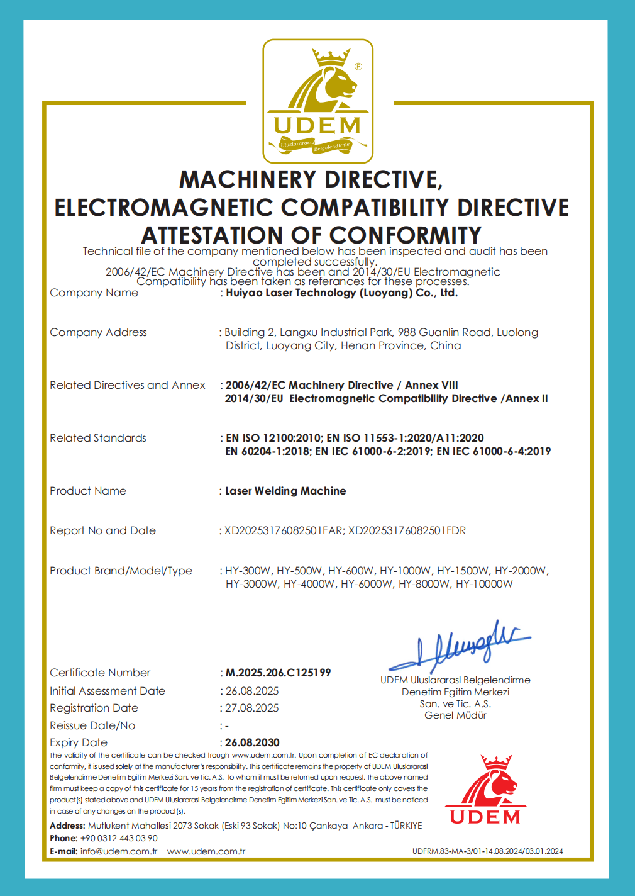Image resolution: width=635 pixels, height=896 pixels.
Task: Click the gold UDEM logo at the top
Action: [x=317, y=101]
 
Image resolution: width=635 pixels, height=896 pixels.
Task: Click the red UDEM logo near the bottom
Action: [x=485, y=790]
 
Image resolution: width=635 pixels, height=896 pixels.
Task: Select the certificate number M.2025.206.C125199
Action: [x=278, y=673]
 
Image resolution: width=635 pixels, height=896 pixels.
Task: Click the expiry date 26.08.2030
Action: [x=252, y=742]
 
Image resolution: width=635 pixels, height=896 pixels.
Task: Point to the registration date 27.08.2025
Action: [x=251, y=708]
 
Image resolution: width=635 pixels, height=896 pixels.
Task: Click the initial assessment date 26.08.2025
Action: [x=251, y=691]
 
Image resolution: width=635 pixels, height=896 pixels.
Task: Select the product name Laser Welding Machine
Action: [x=285, y=491]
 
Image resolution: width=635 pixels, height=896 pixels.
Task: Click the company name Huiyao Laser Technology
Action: [x=341, y=293]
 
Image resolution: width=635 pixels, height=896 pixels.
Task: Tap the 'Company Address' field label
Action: [x=98, y=332]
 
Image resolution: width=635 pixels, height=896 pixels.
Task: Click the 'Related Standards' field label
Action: [x=98, y=438]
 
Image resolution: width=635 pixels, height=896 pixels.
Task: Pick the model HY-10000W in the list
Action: [x=484, y=584]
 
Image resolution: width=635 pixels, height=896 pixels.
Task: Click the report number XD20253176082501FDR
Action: [x=407, y=530]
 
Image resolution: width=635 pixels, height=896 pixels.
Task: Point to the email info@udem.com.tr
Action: [x=119, y=851]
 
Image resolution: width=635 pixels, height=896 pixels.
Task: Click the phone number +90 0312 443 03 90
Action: [x=119, y=838]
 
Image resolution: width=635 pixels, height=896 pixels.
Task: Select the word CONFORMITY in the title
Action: [x=405, y=235]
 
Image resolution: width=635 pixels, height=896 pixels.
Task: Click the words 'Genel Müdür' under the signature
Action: [x=455, y=715]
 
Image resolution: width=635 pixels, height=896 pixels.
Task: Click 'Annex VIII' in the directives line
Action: [x=431, y=385]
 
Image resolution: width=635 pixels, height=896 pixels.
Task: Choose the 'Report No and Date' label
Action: [x=102, y=530]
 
